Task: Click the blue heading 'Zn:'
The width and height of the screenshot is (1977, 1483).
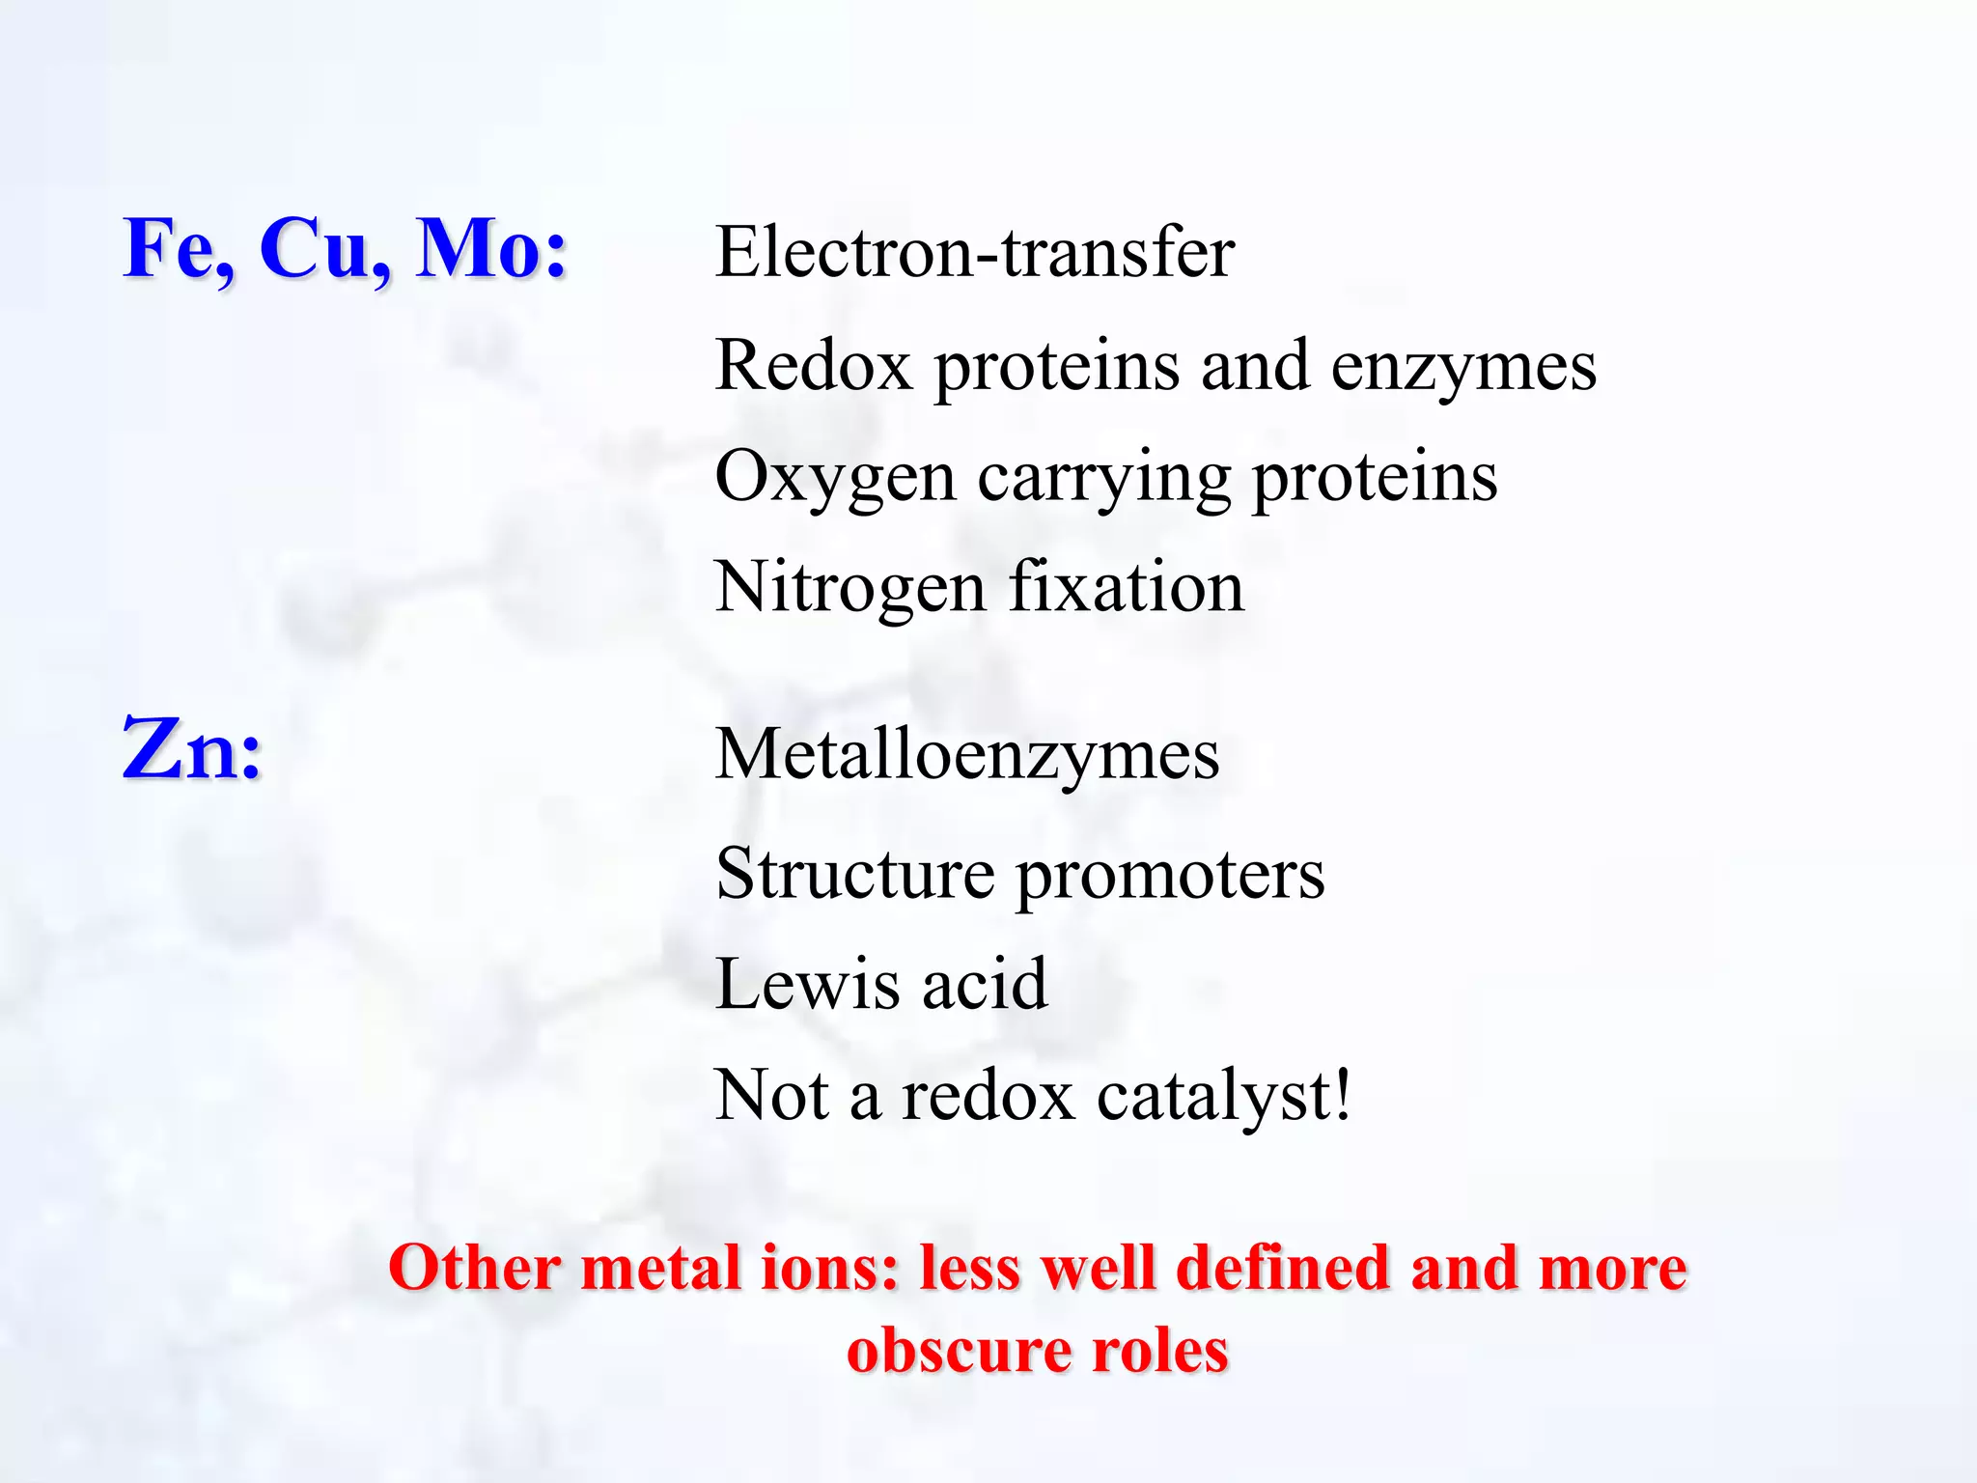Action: point(192,750)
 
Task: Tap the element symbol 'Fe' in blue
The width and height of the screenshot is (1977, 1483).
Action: point(176,248)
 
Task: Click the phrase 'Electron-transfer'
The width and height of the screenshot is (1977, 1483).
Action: point(974,253)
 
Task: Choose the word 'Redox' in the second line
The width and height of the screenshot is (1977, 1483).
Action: point(813,366)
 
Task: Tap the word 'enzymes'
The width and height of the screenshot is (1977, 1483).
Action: point(1462,368)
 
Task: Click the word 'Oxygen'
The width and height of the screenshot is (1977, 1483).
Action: point(835,478)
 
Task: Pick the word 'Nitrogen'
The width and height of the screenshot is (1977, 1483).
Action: point(850,588)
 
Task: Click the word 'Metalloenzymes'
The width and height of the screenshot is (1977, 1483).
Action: point(967,754)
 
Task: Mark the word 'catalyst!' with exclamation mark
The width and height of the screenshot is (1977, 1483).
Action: point(1224,1097)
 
